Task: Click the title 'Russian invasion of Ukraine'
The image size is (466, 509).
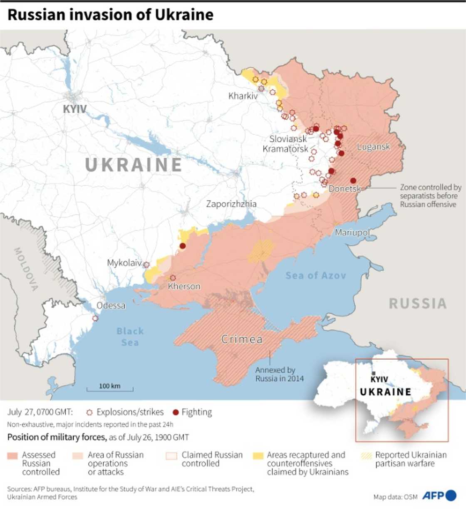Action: pos(110,15)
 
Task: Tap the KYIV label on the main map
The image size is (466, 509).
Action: pos(75,109)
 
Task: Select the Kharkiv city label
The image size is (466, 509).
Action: pos(243,96)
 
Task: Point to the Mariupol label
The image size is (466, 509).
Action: pos(352,232)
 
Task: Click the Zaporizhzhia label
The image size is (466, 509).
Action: pos(231,204)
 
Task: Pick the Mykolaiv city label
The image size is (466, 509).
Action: pos(124,263)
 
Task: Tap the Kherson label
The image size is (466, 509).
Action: pos(184,286)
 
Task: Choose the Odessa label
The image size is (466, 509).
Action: pos(111,306)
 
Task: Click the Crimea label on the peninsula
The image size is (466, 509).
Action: pos(242,339)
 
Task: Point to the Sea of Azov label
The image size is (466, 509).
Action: pos(315,275)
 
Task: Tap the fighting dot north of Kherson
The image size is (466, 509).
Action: pos(182,246)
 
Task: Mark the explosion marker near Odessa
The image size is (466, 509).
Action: pos(95,319)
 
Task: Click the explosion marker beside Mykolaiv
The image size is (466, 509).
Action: pos(146,264)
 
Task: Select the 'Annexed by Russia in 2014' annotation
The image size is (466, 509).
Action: pos(279,374)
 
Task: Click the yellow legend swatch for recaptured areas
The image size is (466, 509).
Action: pos(258,456)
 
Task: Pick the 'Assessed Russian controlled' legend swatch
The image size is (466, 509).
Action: pos(13,456)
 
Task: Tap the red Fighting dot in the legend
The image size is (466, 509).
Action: pos(176,413)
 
